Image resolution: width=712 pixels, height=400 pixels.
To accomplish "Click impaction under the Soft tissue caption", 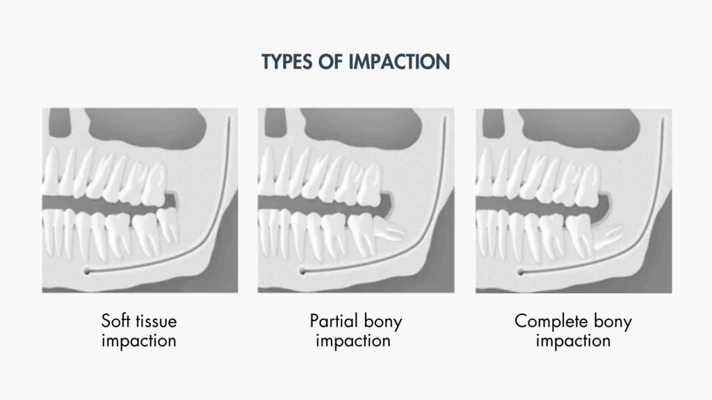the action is [x=139, y=341].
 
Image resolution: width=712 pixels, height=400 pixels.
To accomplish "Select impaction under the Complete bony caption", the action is [x=573, y=341].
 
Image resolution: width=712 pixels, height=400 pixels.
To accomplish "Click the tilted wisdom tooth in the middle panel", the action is [x=388, y=230].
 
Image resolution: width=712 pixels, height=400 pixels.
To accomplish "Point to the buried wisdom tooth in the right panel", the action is [x=607, y=237].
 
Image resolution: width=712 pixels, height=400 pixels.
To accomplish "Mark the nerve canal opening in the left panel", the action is [x=87, y=272].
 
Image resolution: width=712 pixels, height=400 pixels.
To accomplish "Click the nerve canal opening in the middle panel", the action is [x=302, y=272].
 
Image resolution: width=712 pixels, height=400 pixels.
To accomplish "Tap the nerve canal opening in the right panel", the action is [x=520, y=272].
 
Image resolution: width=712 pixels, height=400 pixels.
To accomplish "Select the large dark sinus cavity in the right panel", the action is [x=579, y=128].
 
